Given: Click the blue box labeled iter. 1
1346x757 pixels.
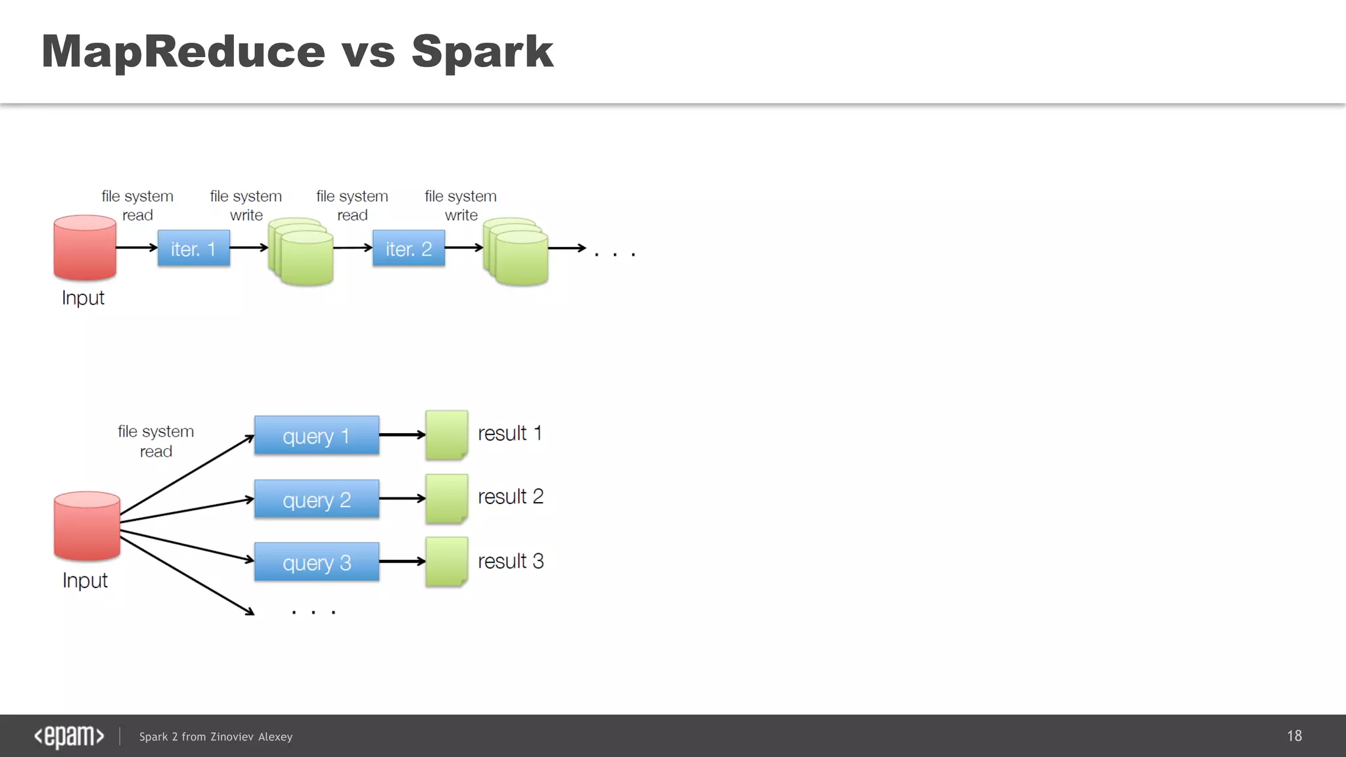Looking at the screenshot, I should click(194, 248).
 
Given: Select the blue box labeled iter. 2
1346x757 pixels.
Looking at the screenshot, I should click(408, 248).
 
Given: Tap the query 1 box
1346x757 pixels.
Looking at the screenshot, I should click(316, 435).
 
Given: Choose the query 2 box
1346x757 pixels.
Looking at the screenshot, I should click(316, 499).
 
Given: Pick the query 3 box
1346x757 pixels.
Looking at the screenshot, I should click(316, 562).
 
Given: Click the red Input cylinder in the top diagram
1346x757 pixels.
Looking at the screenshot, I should click(85, 248).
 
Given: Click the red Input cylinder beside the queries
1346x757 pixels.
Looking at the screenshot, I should click(87, 526).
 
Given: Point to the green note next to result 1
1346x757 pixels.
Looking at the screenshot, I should click(446, 434).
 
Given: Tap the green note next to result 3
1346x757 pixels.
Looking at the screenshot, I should click(446, 562).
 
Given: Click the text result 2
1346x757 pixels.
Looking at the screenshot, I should click(510, 497).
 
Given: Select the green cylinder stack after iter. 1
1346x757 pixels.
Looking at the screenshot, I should click(301, 252).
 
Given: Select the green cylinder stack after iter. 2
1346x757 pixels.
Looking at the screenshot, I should click(516, 252).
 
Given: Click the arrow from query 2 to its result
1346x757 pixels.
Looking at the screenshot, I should click(402, 499).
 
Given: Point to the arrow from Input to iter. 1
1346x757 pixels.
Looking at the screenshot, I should click(136, 248).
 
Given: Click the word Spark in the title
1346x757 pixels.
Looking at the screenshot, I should click(482, 51).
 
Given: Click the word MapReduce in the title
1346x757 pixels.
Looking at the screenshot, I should click(183, 51).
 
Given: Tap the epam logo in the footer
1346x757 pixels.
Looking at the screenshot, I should click(69, 736).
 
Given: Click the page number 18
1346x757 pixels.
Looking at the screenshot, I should click(1294, 736).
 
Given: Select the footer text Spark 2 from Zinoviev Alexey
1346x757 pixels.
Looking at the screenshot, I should click(216, 737).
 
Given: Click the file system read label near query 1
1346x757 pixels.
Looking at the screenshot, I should click(156, 442).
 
